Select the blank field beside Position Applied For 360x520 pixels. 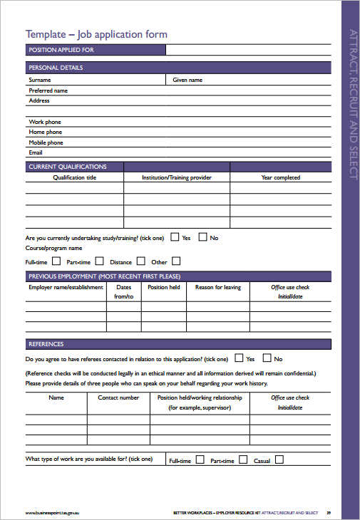click(248, 50)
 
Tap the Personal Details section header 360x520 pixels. click(56, 68)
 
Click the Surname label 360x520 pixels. click(40, 80)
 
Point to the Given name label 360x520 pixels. click(187, 80)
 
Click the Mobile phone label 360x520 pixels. click(46, 142)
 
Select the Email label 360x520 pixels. click(36, 152)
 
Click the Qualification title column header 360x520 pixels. click(75, 177)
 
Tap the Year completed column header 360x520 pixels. click(280, 177)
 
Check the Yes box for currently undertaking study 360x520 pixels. click(175, 236)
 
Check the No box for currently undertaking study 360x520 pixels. click(202, 236)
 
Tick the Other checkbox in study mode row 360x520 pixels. click(176, 261)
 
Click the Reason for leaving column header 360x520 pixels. click(218, 288)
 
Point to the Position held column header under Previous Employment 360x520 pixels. click(163, 288)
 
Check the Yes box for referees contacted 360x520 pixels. click(240, 358)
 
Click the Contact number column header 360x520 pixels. click(118, 397)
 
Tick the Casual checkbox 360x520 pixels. click(279, 460)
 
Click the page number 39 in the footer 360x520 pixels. click(329, 512)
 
